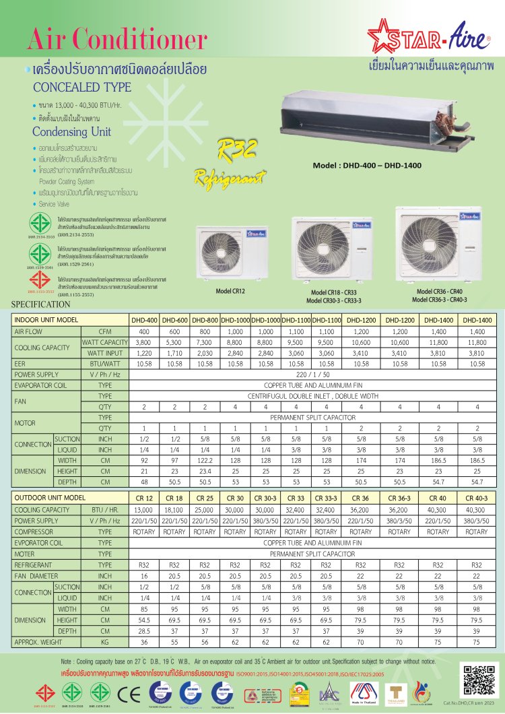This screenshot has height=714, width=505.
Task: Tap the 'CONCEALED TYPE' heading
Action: click(x=82, y=88)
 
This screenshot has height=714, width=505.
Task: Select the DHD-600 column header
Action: click(x=174, y=320)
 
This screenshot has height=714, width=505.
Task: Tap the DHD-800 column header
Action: click(x=205, y=320)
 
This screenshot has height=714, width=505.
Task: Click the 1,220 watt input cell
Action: click(x=144, y=352)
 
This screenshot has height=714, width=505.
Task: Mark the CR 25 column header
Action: click(x=205, y=498)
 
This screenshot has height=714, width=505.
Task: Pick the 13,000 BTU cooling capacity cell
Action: click(x=144, y=510)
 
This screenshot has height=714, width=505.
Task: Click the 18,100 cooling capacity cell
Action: click(x=174, y=510)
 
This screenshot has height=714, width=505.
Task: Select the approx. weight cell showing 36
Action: click(x=144, y=643)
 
